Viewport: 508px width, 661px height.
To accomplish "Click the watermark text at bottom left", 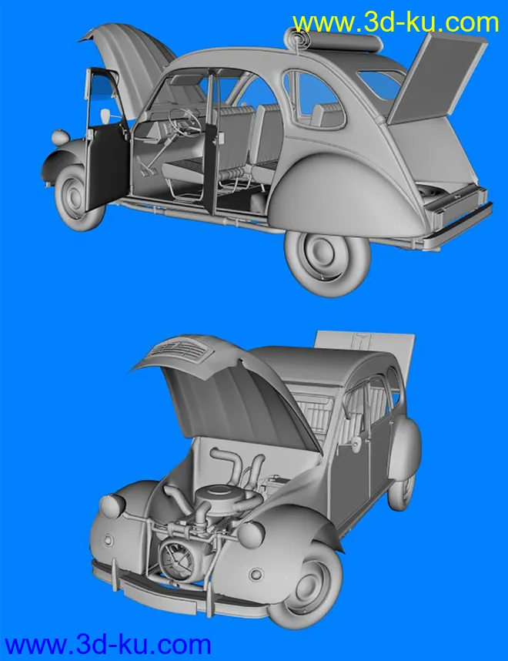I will point(108,644).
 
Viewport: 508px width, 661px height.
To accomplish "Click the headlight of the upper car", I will point(60,139).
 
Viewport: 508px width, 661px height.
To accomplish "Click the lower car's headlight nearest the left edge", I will point(111,506).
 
